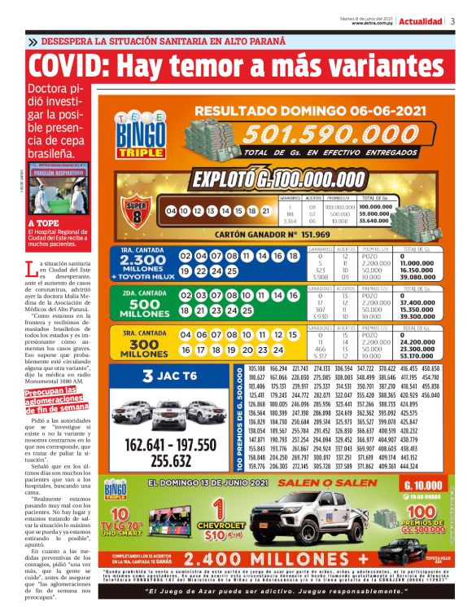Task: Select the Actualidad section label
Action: click(x=421, y=22)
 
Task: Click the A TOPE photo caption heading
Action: click(x=42, y=222)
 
